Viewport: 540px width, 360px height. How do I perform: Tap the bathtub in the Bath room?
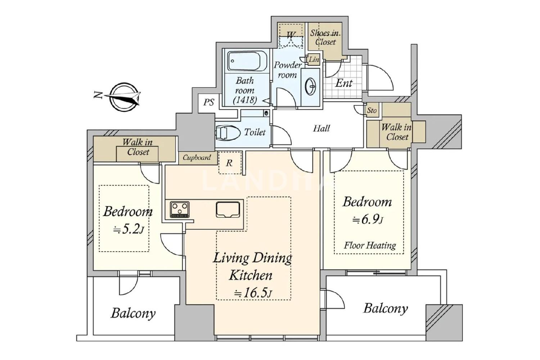click(x=247, y=60)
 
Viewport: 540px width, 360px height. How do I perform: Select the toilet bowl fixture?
click(x=228, y=132)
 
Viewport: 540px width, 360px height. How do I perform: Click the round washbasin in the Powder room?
click(x=310, y=86)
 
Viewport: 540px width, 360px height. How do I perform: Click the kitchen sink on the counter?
click(x=228, y=209)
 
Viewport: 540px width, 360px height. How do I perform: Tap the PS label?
click(x=208, y=102)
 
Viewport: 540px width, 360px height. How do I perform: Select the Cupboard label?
click(x=197, y=157)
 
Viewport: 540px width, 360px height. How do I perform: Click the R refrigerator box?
click(x=230, y=163)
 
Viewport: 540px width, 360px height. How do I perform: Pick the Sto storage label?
click(x=372, y=111)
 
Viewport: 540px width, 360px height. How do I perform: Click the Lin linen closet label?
click(x=314, y=59)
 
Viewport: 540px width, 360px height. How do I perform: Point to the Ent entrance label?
click(x=344, y=83)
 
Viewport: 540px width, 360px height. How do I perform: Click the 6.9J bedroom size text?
click(x=368, y=220)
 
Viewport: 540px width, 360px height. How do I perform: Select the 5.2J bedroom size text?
click(x=129, y=230)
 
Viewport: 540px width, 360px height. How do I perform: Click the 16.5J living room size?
click(x=253, y=293)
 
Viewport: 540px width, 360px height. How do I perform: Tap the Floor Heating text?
click(x=370, y=246)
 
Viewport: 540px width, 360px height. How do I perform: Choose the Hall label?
click(x=321, y=128)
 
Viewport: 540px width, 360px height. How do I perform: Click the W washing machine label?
click(x=291, y=35)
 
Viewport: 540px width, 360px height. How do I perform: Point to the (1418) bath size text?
click(x=245, y=100)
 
